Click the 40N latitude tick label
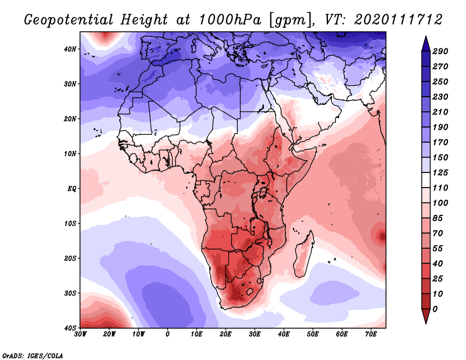pos(70,49)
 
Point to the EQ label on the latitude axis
pos(71,189)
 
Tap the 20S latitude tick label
pos(70,258)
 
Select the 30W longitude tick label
pos(80,334)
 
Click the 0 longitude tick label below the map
pos(168,334)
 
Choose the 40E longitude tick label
pos(284,334)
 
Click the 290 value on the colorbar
pos(440,52)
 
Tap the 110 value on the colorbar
pos(440,189)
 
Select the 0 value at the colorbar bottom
pos(435,309)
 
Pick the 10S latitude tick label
pos(70,224)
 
